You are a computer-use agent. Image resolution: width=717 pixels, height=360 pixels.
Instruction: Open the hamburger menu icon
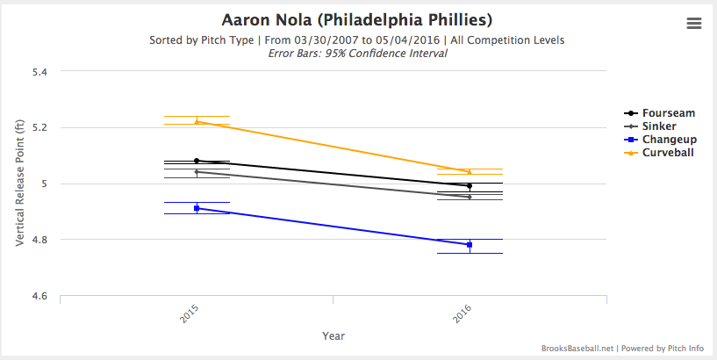pos(694,24)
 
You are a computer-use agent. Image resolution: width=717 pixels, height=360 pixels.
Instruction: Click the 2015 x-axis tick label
pos(189,315)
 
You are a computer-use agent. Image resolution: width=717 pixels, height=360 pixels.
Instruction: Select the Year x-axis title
pos(333,335)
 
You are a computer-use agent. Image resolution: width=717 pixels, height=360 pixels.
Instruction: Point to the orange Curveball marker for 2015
pos(197,121)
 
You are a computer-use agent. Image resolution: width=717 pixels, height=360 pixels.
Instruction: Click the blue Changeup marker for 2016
pos(470,244)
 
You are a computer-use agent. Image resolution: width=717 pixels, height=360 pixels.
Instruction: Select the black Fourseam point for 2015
pos(197,161)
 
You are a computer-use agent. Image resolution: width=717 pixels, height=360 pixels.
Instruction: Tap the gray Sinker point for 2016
pos(470,197)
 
